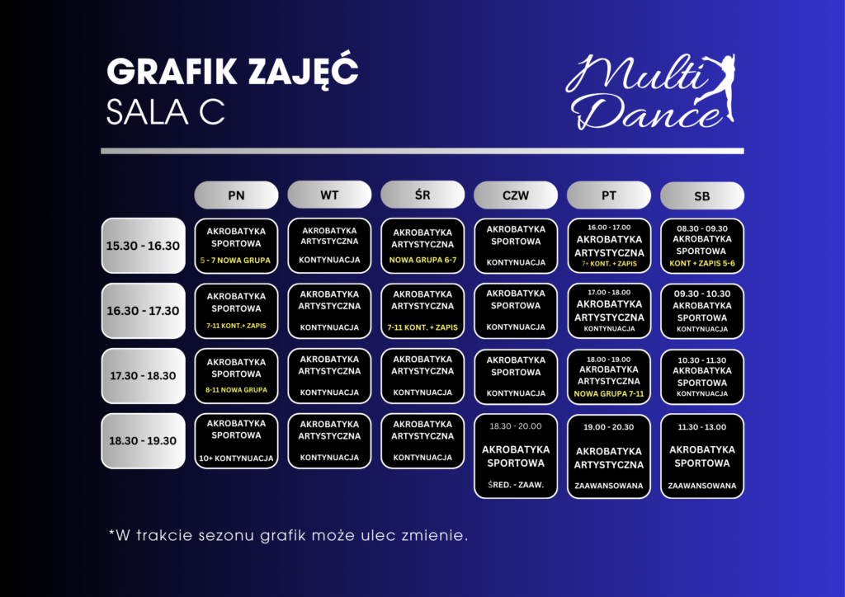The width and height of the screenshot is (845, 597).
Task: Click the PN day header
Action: coord(236,195)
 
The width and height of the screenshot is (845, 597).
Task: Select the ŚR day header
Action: coord(422,195)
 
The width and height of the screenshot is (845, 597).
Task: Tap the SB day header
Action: coord(701,196)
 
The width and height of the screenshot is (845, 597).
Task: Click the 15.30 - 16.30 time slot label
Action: coord(143,246)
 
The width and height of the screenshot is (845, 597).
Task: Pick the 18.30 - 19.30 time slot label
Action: coord(143,441)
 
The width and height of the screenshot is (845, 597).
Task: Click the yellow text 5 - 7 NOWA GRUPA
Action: coord(235,261)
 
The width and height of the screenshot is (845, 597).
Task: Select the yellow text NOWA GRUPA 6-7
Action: coord(422,260)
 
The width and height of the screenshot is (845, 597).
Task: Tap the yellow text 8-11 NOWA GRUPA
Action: coord(236,390)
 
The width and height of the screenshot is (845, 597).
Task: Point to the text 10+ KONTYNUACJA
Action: coord(236,458)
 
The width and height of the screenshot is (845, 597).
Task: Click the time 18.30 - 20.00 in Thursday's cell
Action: coord(516,426)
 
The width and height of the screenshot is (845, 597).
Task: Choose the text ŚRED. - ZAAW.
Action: coord(516,485)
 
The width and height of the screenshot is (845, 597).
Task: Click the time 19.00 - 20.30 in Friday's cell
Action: coord(609,427)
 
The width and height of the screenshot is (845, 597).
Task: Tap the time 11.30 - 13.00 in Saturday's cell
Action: coord(701,427)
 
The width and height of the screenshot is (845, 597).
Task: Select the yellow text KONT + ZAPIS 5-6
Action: coord(701,264)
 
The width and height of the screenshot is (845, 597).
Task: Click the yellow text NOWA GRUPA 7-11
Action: coord(609,394)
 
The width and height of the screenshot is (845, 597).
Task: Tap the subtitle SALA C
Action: coord(165,112)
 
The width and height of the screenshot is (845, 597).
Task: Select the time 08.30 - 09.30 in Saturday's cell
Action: coord(701,228)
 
